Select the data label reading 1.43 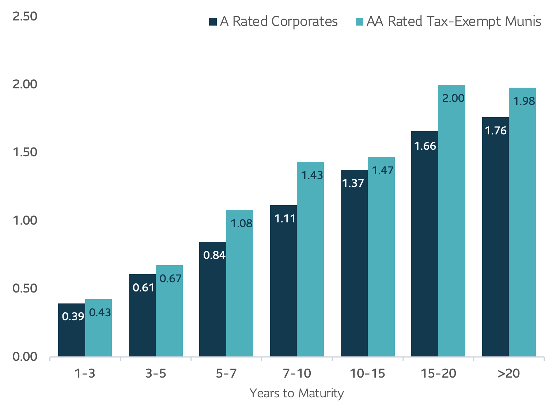tap(312, 175)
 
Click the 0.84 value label tap(214, 255)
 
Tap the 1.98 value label tap(524, 101)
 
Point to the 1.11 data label tap(285, 219)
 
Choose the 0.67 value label tap(171, 279)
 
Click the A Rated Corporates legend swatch tap(213, 22)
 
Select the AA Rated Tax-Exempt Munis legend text tap(454, 22)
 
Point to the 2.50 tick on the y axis tap(25, 16)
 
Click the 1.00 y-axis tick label tap(25, 221)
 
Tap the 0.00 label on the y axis tap(25, 357)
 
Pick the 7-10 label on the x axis tap(297, 374)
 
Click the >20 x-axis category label tap(509, 374)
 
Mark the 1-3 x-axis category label tap(85, 374)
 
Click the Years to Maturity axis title tap(296, 393)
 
